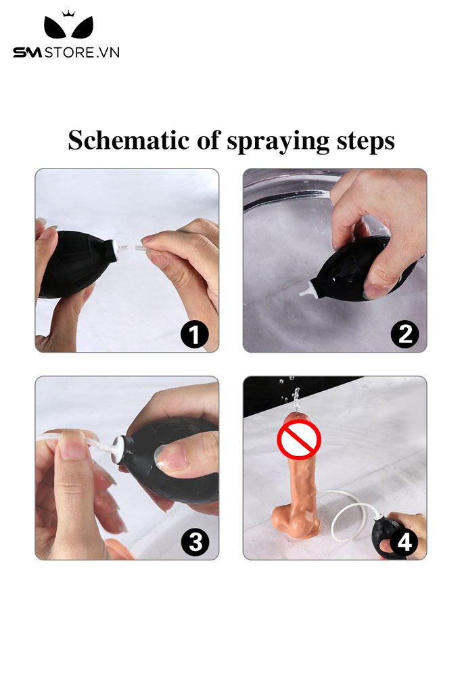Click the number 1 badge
pyautogui.click(x=194, y=334)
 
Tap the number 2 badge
pyautogui.click(x=405, y=334)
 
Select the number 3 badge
pyautogui.click(x=195, y=542)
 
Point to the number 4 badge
pyautogui.click(x=404, y=542)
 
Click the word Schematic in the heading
pyautogui.click(x=129, y=140)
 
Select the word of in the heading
pyautogui.click(x=208, y=140)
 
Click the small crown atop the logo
pyautogui.click(x=68, y=14)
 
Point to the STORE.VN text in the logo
pyautogui.click(x=82, y=53)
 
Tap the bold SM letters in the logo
pyautogui.click(x=27, y=53)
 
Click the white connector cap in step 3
pyautogui.click(x=116, y=449)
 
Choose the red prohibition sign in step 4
pyautogui.click(x=298, y=439)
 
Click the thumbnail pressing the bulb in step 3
pyautogui.click(x=171, y=457)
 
